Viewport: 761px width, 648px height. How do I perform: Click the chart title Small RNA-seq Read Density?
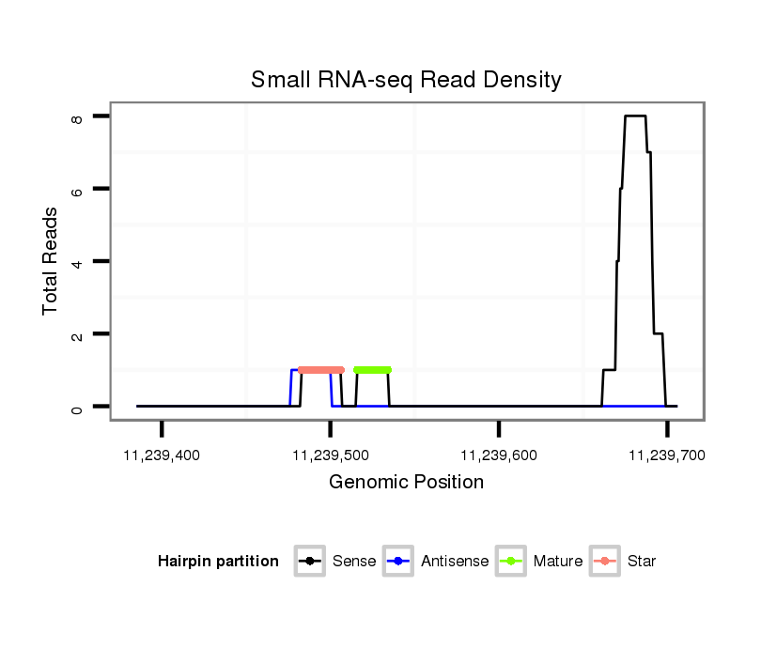[406, 80]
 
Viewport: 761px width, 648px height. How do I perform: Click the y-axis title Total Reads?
[51, 260]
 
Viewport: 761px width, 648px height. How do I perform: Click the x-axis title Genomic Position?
[406, 483]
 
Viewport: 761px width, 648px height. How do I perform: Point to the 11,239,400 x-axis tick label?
[162, 455]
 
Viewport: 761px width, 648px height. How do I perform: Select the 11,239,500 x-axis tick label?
[330, 455]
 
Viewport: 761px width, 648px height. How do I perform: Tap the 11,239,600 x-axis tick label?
[498, 455]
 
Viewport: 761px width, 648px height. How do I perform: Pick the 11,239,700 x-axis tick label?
[666, 455]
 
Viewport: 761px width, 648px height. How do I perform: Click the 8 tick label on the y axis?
[77, 116]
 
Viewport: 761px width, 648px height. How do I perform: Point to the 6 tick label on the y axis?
[77, 189]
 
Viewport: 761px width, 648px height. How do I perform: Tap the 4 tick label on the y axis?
[77, 261]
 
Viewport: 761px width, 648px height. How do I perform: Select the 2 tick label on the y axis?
[77, 334]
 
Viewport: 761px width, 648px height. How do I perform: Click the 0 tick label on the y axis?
[77, 407]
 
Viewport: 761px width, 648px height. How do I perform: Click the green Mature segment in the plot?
[372, 370]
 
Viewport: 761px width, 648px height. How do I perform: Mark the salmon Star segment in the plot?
[320, 370]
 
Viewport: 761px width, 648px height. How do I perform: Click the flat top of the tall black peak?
[635, 116]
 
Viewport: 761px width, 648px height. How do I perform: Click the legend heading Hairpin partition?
[218, 562]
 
